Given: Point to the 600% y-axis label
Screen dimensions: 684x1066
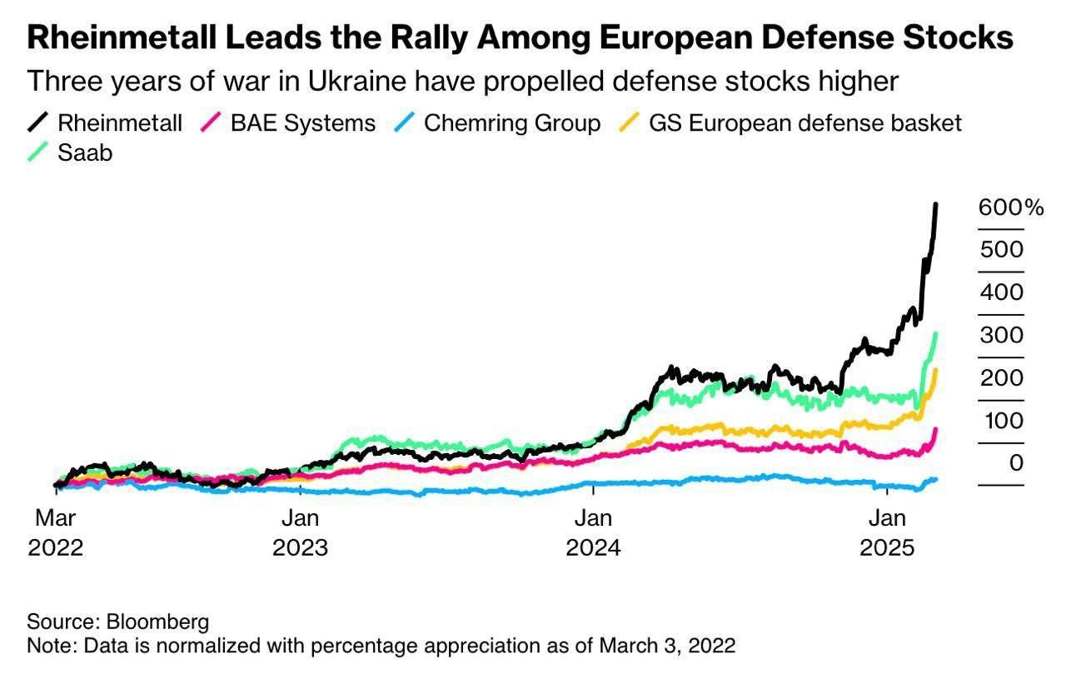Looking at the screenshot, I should [1010, 207].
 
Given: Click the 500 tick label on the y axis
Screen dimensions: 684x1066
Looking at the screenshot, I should [1002, 250].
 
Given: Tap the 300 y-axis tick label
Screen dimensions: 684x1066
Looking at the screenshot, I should [1002, 335].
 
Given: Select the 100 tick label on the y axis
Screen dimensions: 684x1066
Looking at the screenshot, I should [1002, 420].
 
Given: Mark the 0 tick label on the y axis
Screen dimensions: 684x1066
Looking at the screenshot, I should [1015, 462].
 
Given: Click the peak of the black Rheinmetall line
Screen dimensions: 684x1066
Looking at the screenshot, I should [936, 205].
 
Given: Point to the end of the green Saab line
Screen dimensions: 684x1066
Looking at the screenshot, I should [936, 334].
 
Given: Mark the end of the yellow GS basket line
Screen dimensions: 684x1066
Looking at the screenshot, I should [936, 370].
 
